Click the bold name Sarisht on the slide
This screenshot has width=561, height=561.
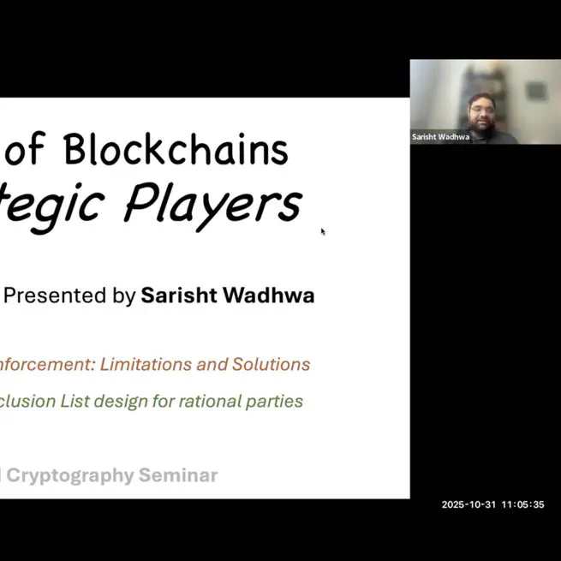click(x=177, y=296)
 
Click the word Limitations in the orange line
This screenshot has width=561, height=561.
click(x=146, y=364)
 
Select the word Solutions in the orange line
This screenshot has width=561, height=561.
click(x=271, y=364)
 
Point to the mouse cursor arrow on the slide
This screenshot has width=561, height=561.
click(x=323, y=230)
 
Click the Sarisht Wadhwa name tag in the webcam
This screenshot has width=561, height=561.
click(x=440, y=137)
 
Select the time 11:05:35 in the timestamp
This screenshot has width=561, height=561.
click(x=522, y=504)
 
